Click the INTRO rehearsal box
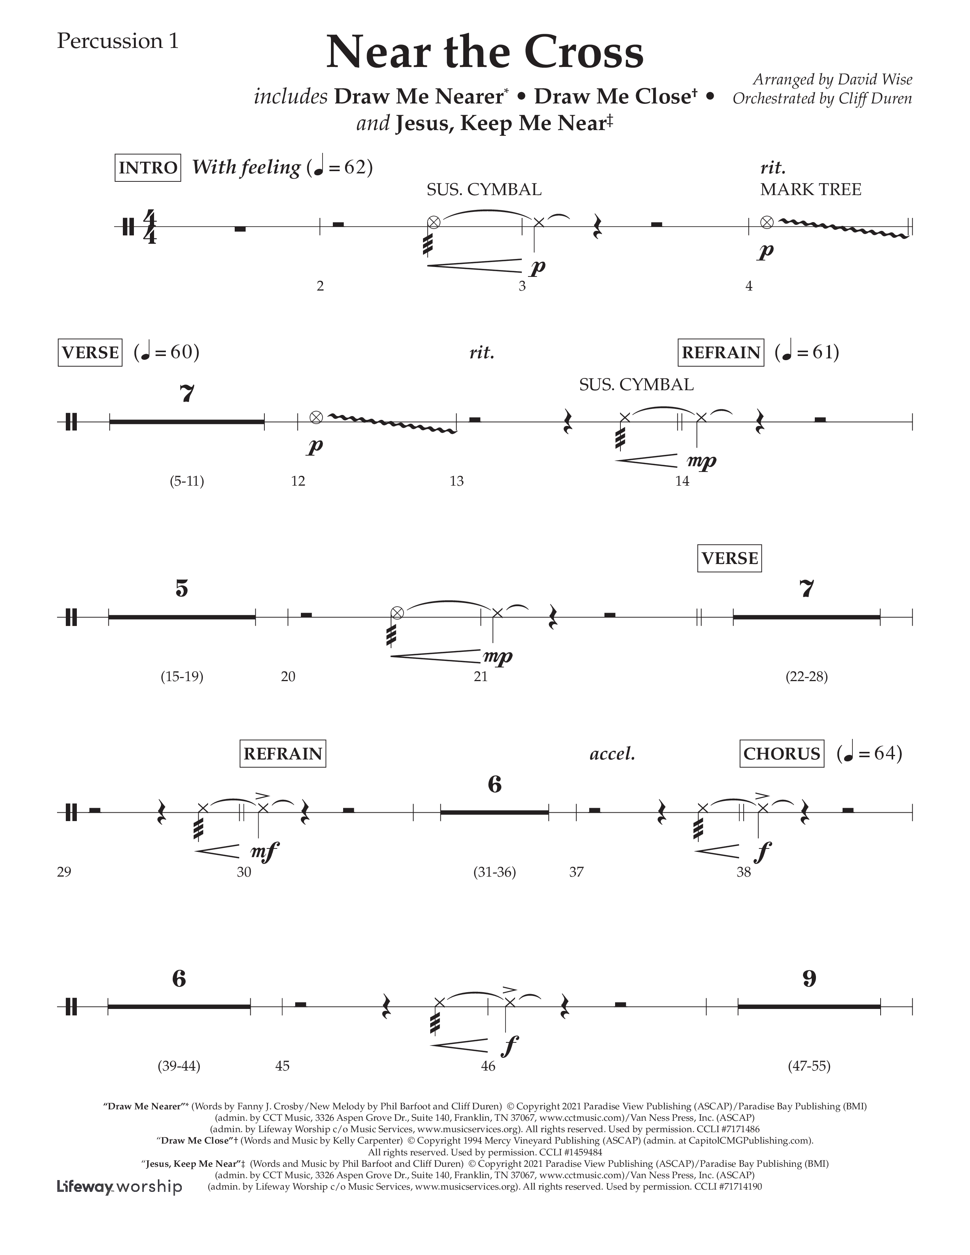coord(148,168)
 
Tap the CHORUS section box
coord(782,753)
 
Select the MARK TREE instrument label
coord(810,190)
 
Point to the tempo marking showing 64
coord(870,753)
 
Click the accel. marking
coord(612,754)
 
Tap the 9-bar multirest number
coord(809,979)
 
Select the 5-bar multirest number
coord(181,588)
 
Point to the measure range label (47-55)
coord(809,1066)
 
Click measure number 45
coord(282,1066)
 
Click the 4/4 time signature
coord(149,227)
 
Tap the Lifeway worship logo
coord(119,1187)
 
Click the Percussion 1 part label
coord(118,41)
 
